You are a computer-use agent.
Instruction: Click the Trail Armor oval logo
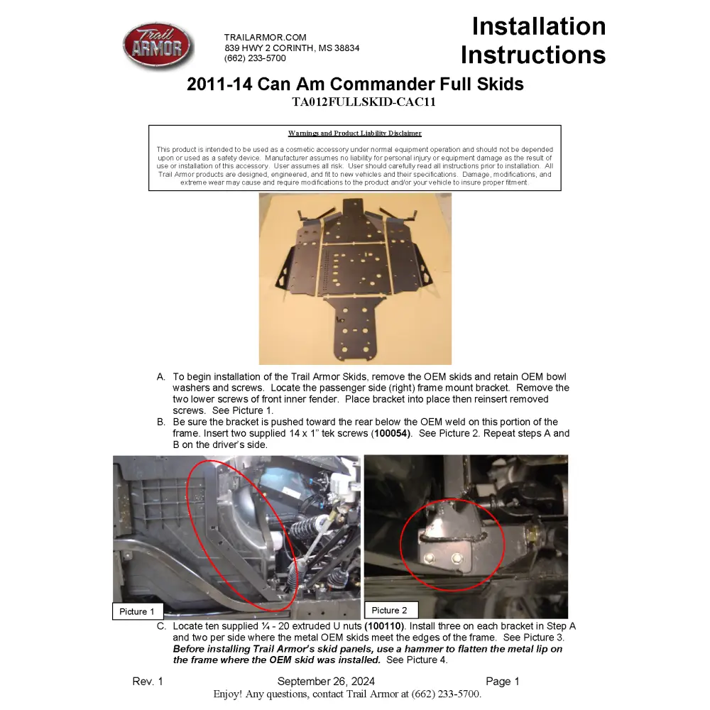(x=158, y=47)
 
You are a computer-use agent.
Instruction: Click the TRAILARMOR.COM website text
(x=265, y=38)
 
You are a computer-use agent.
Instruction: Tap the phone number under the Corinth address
(x=256, y=58)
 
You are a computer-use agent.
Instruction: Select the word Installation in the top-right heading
(x=539, y=26)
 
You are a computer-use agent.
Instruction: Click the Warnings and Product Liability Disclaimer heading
(x=354, y=133)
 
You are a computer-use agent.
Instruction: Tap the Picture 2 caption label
(x=390, y=610)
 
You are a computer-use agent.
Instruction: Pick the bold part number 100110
(x=384, y=626)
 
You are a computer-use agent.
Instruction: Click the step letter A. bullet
(x=161, y=377)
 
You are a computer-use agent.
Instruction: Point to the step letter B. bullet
(x=161, y=422)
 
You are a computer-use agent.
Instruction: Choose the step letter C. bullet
(x=161, y=626)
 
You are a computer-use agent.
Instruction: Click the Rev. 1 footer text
(x=148, y=682)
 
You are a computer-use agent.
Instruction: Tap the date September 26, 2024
(x=326, y=682)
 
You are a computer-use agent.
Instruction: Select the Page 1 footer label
(x=503, y=682)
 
